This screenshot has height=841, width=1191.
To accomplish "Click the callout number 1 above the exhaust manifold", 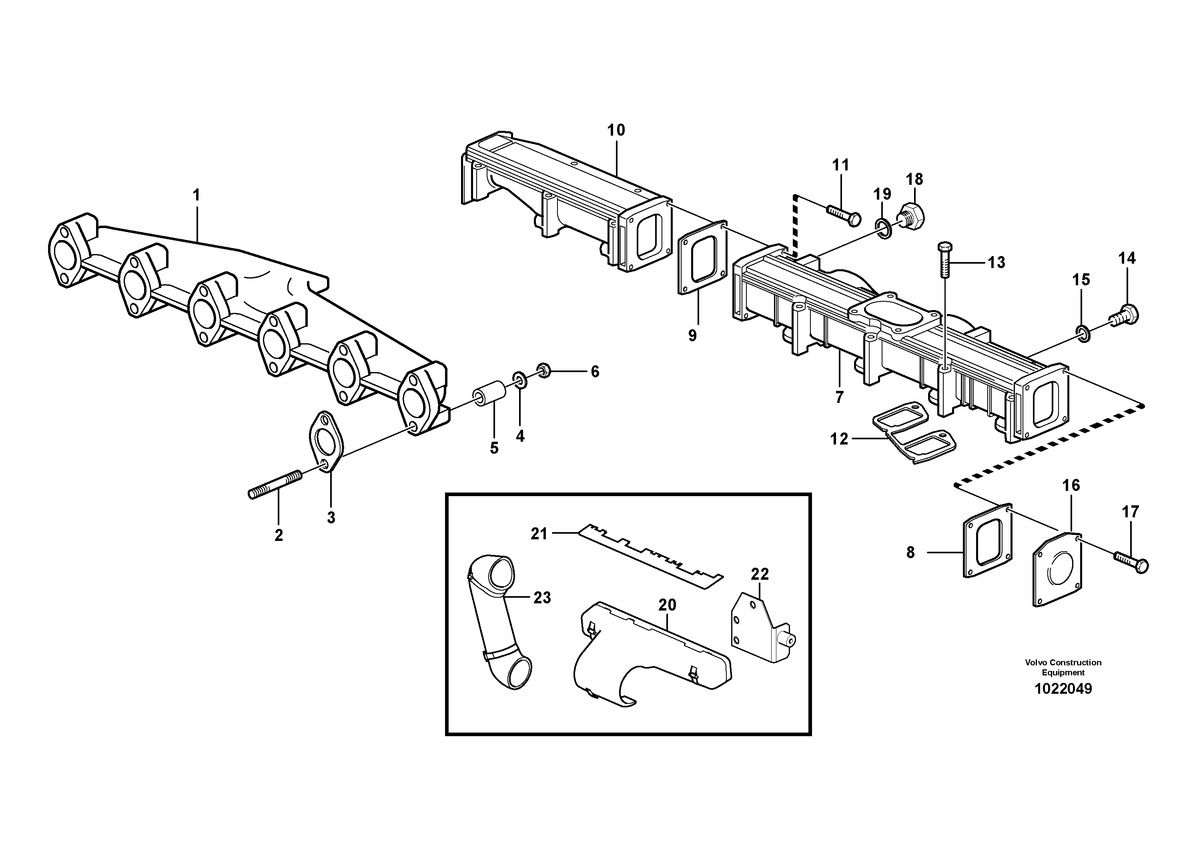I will pos(196,196).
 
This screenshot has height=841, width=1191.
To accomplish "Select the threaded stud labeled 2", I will pos(275,484).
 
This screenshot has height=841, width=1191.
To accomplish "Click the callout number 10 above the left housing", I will pos(616,130).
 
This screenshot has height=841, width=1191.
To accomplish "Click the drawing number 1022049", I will pos(1063,689).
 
